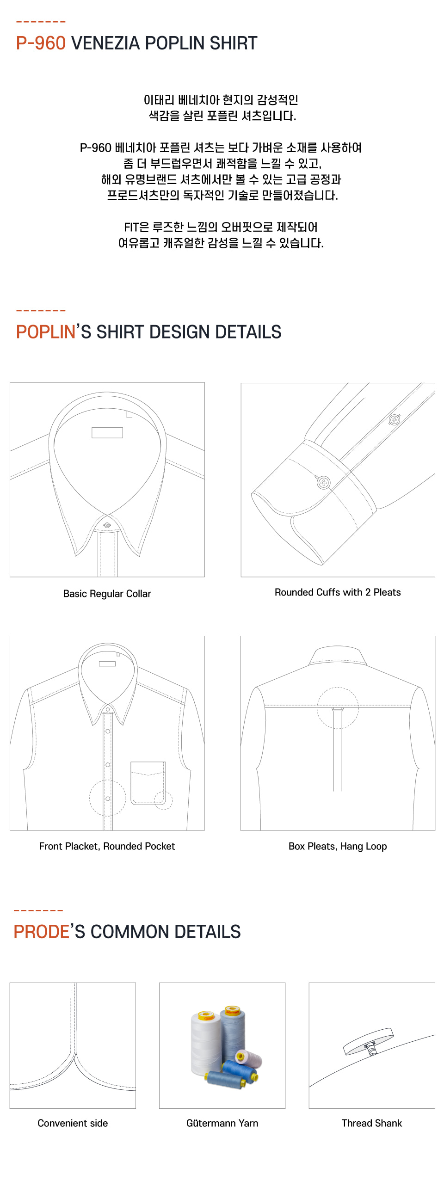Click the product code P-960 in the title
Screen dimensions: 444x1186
tap(41, 43)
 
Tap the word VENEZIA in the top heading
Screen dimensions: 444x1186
tap(105, 43)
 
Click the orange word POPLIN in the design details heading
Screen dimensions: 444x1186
tap(45, 332)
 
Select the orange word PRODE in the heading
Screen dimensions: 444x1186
tap(41, 932)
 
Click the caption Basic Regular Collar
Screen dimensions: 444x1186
tap(107, 594)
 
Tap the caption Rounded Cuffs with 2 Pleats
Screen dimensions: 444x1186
tap(338, 592)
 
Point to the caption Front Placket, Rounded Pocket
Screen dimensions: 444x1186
tap(107, 846)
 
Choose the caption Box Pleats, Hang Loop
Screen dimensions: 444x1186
tap(338, 846)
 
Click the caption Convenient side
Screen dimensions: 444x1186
tap(73, 1123)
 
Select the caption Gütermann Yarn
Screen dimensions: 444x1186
tap(222, 1123)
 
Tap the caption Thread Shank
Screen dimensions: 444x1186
tap(371, 1123)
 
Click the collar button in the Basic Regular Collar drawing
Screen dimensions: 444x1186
tap(107, 525)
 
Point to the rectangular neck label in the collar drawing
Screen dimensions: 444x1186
tap(107, 432)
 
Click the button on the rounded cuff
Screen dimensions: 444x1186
tap(324, 483)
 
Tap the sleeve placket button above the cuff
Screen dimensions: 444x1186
tap(395, 420)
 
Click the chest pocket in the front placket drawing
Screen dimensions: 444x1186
tap(148, 783)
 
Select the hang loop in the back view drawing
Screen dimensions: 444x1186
tap(338, 708)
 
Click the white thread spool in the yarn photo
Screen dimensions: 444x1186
tap(205, 1043)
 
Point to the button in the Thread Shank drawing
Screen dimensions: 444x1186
tap(368, 1041)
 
